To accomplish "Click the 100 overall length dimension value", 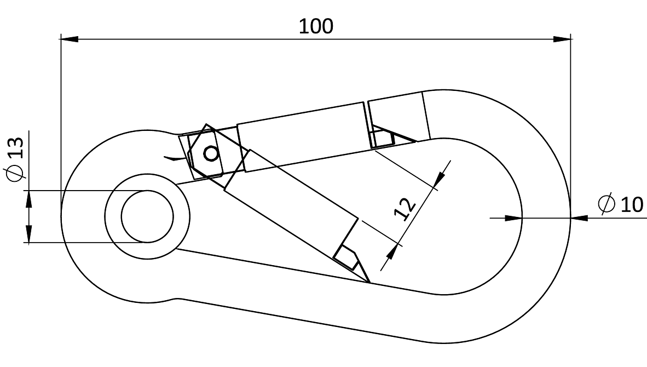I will (316, 26).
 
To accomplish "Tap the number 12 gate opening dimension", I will (405, 210).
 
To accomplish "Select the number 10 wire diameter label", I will (632, 204).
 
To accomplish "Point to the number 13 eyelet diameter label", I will (16, 148).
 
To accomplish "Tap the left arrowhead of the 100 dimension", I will (69, 39).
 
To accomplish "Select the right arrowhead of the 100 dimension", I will (562, 39).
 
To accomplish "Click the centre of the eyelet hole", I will (147, 216).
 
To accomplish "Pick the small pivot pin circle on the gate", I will (210, 154).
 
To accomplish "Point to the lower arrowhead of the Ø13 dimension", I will (28, 234).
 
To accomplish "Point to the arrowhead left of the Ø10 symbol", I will (512, 218).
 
